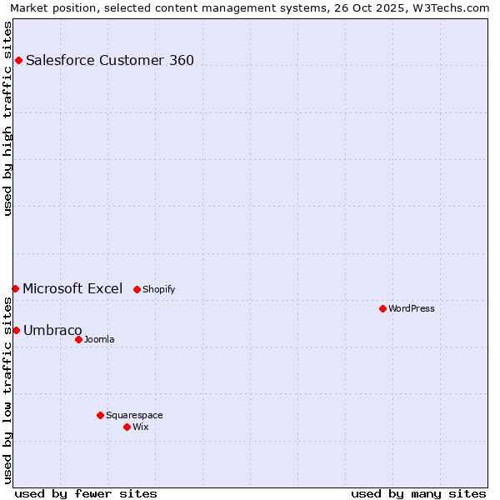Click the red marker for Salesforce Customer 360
pyautogui.click(x=18, y=60)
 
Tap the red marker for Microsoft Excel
pyautogui.click(x=15, y=288)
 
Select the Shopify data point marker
pyautogui.click(x=137, y=289)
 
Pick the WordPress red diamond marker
pyautogui.click(x=382, y=308)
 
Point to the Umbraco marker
pyautogui.click(x=16, y=330)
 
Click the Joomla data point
pyautogui.click(x=78, y=339)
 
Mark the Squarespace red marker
pyautogui.click(x=100, y=415)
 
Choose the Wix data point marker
pyautogui.click(x=127, y=427)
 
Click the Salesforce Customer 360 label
pyautogui.click(x=110, y=60)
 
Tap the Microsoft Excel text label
pyautogui.click(x=72, y=288)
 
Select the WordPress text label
pyautogui.click(x=412, y=308)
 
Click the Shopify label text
pyautogui.click(x=158, y=289)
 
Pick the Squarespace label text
pyautogui.click(x=134, y=415)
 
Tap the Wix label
pyautogui.click(x=140, y=427)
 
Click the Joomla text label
pyautogui.click(x=99, y=339)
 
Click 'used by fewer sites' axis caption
pyautogui.click(x=86, y=493)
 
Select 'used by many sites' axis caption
pyautogui.click(x=418, y=493)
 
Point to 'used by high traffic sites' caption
pyautogui.click(x=8, y=118)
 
